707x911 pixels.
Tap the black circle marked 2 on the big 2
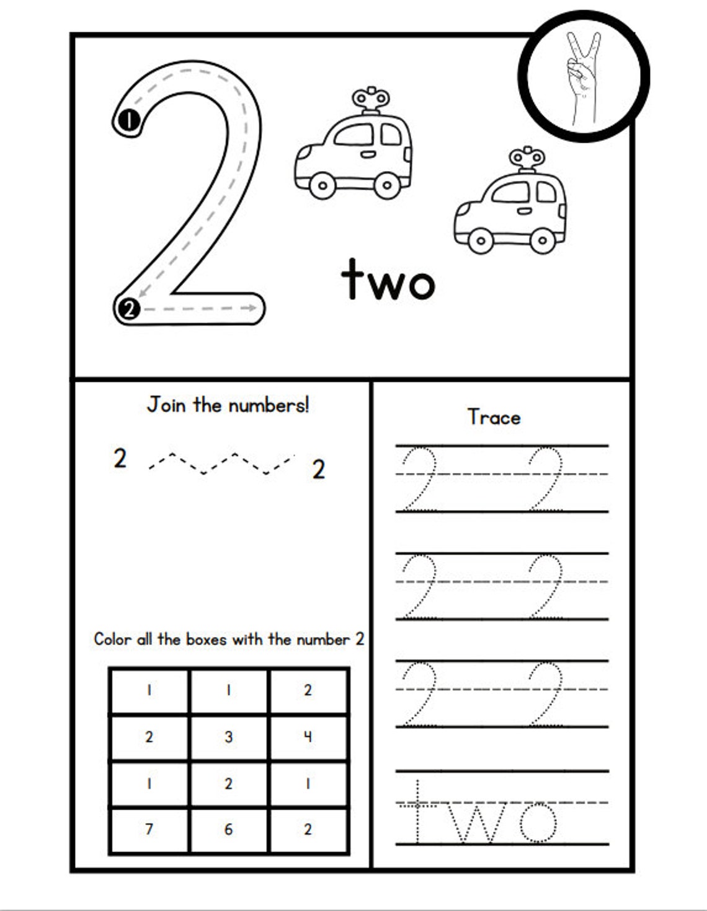point(128,308)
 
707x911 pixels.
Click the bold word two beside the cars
point(388,280)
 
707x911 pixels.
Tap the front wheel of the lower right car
point(481,240)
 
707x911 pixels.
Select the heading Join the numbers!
point(228,405)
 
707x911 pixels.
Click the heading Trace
point(494,417)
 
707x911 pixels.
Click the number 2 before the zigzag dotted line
point(120,459)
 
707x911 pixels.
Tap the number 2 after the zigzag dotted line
point(318,470)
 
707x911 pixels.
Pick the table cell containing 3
point(229,737)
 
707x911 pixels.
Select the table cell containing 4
point(308,737)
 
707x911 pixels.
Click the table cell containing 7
point(149,829)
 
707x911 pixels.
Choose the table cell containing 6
point(229,829)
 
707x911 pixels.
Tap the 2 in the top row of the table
point(308,690)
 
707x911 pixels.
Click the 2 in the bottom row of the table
point(308,829)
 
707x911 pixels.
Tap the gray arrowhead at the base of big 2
point(252,307)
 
